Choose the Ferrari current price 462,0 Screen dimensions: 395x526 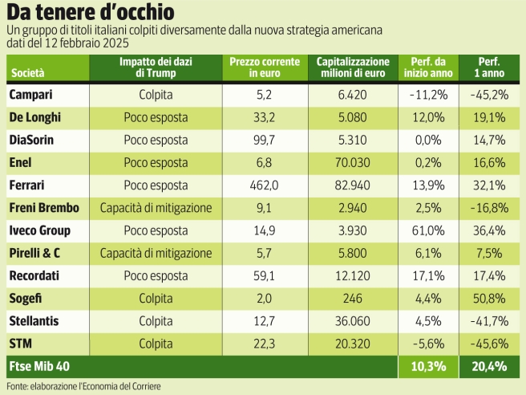[x=265, y=185]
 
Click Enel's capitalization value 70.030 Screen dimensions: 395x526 [x=353, y=162]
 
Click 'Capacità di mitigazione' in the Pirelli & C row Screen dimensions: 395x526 [x=156, y=254]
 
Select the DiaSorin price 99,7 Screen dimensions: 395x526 [x=265, y=140]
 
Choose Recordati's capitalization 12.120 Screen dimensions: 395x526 [x=353, y=276]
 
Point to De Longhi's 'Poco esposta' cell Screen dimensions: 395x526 [x=156, y=117]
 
